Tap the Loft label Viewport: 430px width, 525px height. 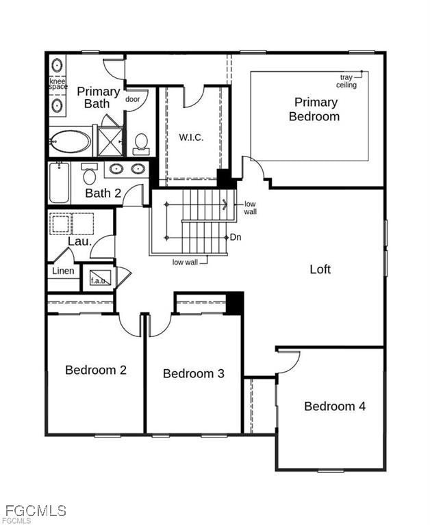click(320, 269)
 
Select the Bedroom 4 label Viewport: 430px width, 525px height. click(335, 406)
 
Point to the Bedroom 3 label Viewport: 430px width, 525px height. click(194, 373)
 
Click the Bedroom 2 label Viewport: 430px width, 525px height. click(96, 370)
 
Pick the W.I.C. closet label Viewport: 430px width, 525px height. click(191, 137)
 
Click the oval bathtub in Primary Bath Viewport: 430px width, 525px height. click(70, 142)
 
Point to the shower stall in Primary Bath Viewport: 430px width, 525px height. click(110, 141)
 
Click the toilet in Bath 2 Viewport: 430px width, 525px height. click(89, 175)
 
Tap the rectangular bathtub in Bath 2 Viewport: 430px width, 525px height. click(60, 183)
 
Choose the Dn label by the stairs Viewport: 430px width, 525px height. click(236, 237)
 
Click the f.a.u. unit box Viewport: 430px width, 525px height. click(100, 279)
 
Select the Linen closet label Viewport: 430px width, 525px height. click(63, 271)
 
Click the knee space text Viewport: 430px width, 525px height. click(58, 84)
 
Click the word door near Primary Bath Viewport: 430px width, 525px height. click(133, 99)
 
